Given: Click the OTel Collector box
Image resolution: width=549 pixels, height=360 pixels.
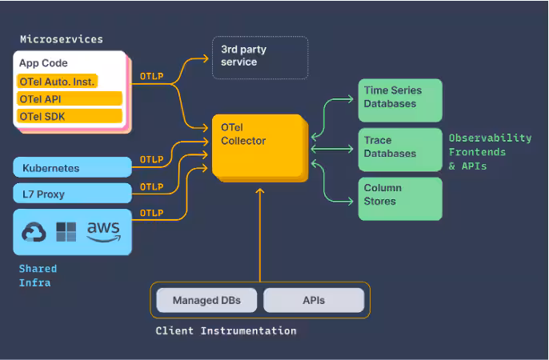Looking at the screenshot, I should coord(258,146).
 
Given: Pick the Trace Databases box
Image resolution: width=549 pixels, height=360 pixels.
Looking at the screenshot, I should coord(399,148).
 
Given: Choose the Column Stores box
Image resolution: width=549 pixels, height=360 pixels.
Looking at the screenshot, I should coord(399,197).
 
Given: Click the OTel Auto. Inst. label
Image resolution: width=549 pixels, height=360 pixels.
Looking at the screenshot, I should coord(57,82).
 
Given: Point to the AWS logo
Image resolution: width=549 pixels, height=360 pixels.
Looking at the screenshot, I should coord(104,231).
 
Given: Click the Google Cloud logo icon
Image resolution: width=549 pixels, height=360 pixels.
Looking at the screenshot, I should coord(34,232).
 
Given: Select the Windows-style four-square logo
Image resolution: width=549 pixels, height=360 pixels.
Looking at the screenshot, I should coord(66,232).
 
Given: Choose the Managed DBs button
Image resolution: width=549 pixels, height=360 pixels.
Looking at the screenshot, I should coord(206,301).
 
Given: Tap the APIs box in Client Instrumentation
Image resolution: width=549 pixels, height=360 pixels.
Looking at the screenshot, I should coord(314,301).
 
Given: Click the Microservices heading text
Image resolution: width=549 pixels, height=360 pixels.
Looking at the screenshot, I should coord(61,39).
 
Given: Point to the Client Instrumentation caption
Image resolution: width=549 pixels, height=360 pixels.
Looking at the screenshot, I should coord(226,330).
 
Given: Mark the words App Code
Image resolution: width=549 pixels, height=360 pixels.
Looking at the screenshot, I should coord(44,63).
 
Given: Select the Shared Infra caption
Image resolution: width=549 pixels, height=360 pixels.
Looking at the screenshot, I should coord(38,275).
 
